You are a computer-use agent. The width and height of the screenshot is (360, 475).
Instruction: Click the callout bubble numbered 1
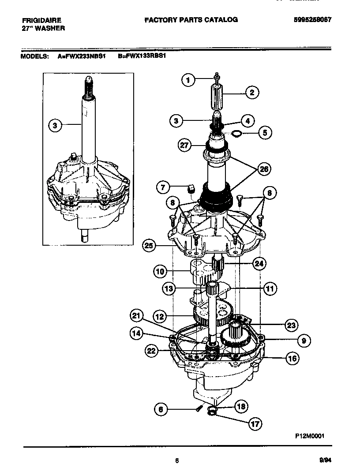[x=188, y=80]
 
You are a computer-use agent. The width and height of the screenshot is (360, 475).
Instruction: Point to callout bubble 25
[x=150, y=246]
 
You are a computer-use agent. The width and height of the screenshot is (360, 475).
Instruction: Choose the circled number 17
[x=254, y=424]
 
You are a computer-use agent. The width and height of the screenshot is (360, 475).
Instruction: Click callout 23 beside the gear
[x=290, y=325]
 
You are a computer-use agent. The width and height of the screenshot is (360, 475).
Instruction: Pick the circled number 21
[x=137, y=315]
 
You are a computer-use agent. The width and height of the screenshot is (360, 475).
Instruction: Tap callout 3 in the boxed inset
[x=55, y=126]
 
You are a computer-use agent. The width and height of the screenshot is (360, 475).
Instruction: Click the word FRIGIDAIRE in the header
[x=41, y=20]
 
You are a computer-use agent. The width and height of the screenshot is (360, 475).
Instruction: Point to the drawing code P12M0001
[x=310, y=435]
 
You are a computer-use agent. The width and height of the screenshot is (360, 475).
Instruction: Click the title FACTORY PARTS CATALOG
[x=191, y=20]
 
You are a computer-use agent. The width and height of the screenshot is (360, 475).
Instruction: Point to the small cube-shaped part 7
[x=191, y=188]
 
